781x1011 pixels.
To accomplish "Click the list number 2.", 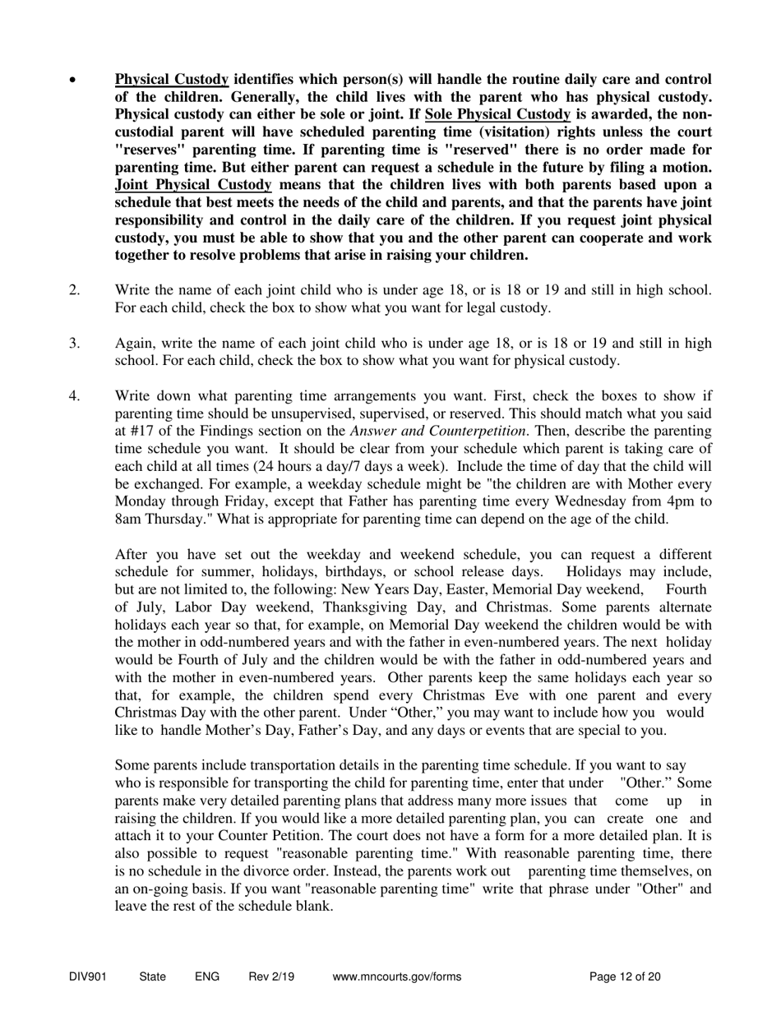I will [74, 290].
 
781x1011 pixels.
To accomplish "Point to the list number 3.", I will [74, 343].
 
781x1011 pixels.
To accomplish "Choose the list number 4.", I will [74, 395].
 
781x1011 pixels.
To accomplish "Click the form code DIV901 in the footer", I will [88, 977].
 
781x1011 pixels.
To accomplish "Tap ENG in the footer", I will [207, 977].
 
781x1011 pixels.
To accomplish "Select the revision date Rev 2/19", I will [271, 977].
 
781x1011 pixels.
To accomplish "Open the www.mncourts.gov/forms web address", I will [397, 977].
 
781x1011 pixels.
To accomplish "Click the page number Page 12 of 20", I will [625, 977].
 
